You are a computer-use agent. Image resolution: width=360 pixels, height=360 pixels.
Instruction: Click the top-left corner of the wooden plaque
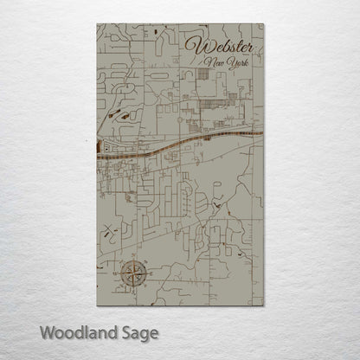coord(92,25)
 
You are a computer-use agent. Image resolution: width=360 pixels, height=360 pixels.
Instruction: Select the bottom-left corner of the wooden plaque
coord(92,311)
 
